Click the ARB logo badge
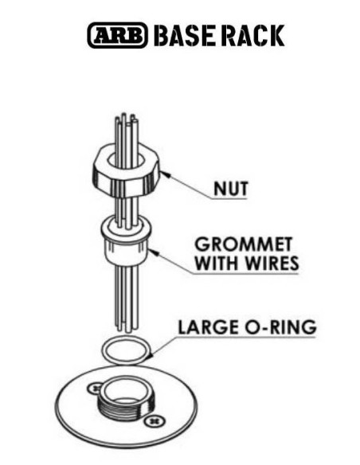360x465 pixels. (x=117, y=35)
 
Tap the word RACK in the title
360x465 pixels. (x=251, y=36)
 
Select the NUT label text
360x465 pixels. (x=231, y=189)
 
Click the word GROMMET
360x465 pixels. (x=244, y=244)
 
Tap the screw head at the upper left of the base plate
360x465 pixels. (x=95, y=389)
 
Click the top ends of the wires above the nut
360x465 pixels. (x=127, y=119)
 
